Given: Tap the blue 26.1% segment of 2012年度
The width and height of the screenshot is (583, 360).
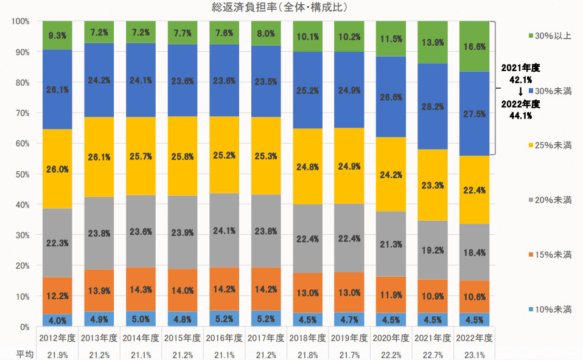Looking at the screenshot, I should pos(57,89).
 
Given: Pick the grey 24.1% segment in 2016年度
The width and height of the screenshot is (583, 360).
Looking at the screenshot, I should pos(226,230).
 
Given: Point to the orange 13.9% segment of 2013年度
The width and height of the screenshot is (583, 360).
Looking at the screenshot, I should pos(99,291).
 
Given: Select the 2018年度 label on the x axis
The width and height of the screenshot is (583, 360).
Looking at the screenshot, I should pos(309,337).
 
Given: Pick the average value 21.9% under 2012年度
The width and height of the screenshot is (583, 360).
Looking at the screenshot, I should pos(57,353).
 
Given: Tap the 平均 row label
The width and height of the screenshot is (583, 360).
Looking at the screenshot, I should pos(24,353).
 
